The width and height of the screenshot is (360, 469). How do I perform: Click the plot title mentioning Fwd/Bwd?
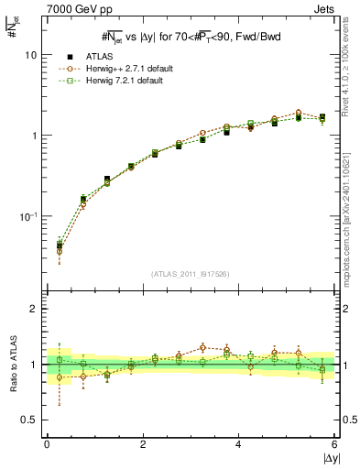(190, 36)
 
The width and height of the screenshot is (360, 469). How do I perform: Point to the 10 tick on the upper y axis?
(30, 55)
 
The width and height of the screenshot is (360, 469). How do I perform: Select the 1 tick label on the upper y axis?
(33, 136)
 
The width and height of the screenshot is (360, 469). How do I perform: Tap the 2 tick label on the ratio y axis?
(33, 309)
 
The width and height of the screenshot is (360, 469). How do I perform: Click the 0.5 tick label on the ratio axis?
(29, 420)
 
